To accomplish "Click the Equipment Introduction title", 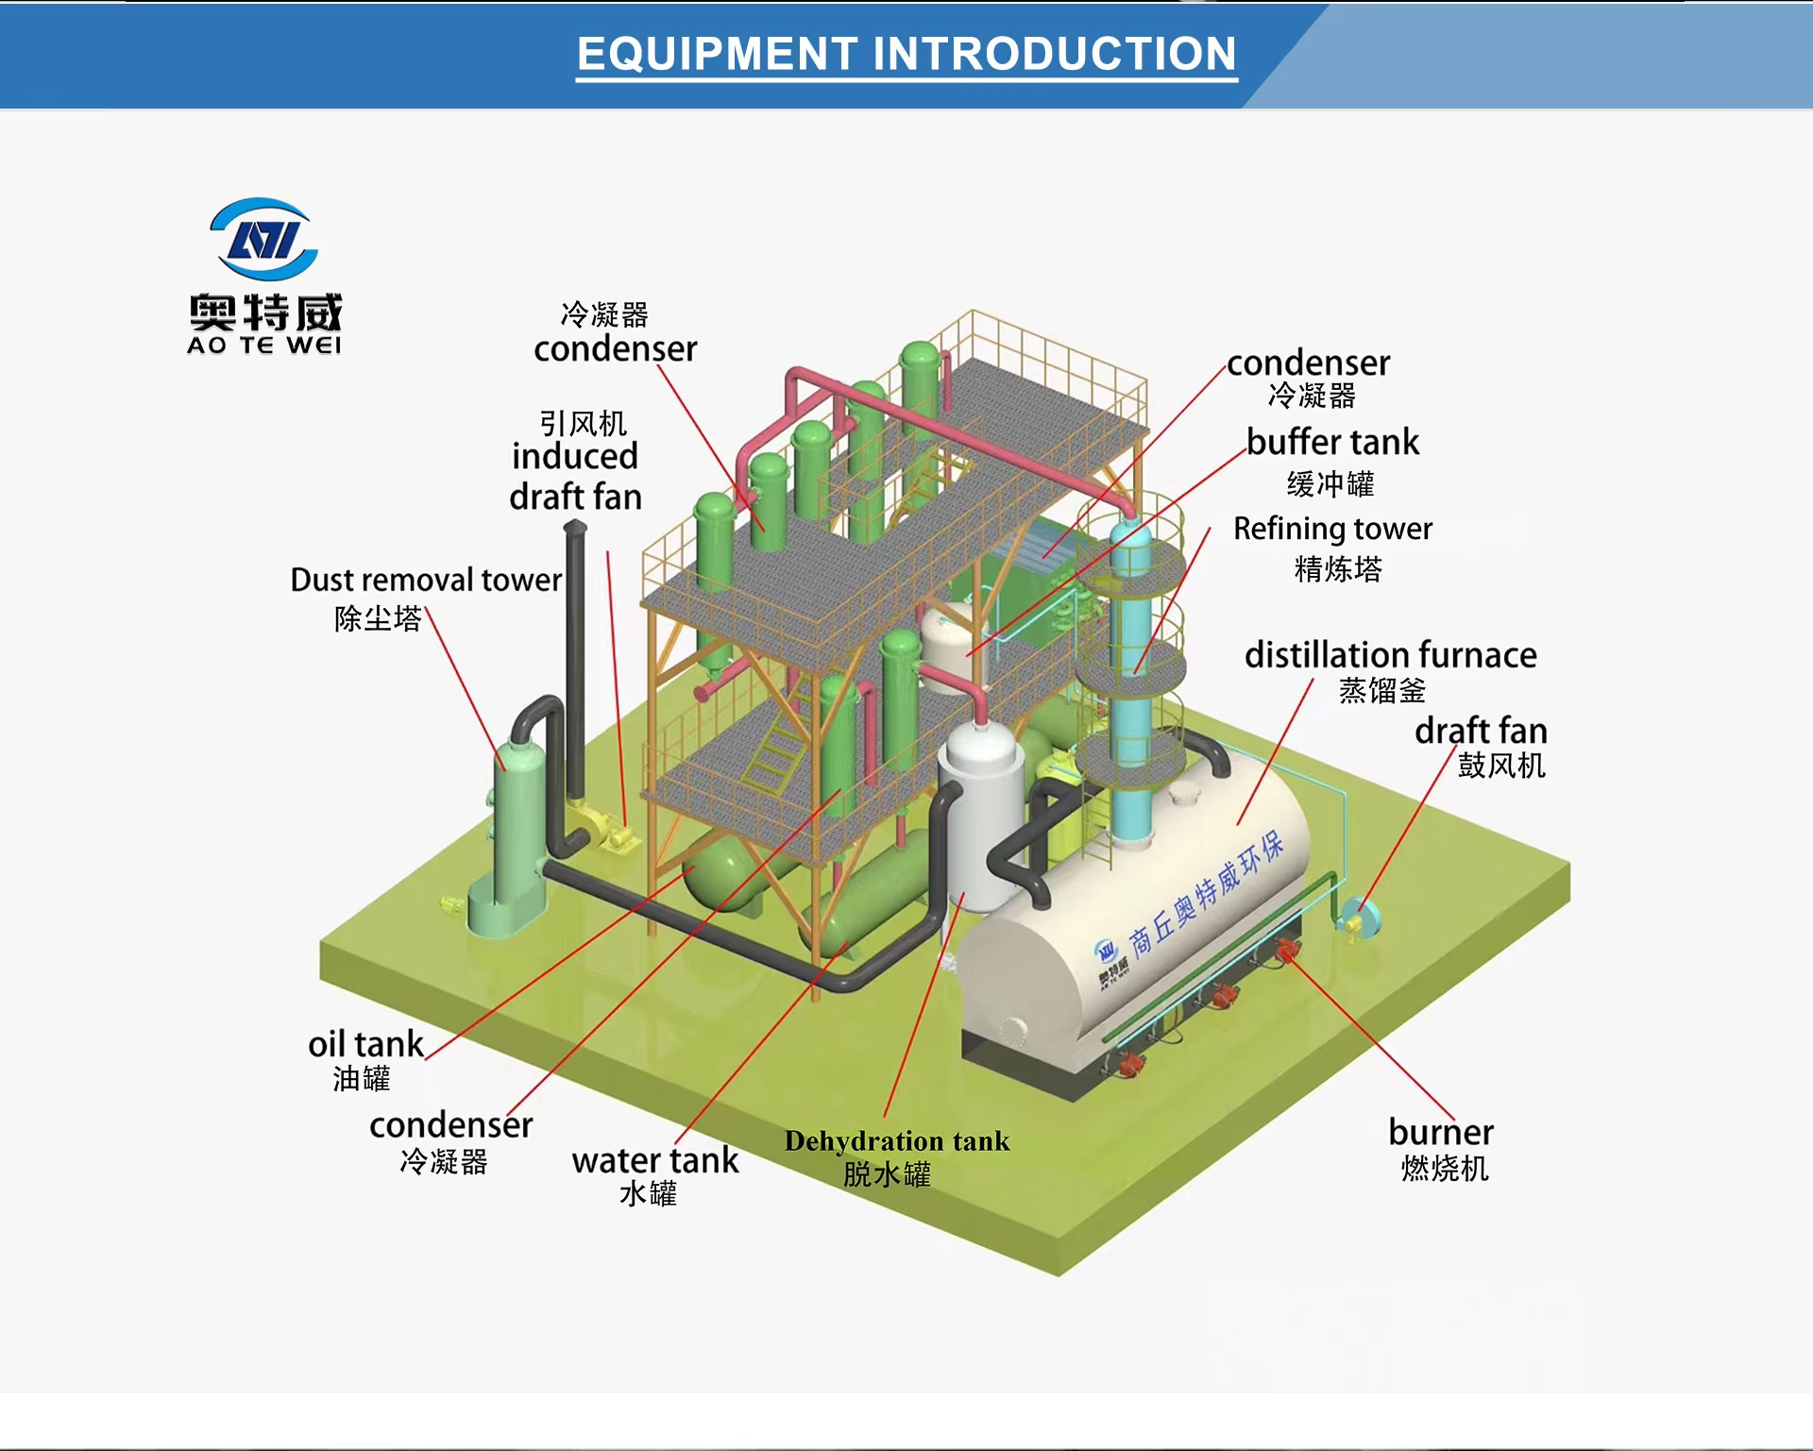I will point(906,54).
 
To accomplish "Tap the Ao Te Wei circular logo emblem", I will point(264,239).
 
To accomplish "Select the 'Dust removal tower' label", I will point(426,580).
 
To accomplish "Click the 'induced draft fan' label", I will point(575,476).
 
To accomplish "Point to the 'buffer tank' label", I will point(1332,442).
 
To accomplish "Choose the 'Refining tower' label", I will point(1332,529).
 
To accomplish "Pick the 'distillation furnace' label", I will point(1390,654).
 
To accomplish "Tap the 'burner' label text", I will point(1441,1132).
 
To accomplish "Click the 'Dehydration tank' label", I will point(897,1141).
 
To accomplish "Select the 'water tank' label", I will point(655,1160).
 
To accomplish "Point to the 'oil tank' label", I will point(366,1044).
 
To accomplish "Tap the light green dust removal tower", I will point(516,831).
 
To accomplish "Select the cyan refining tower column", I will point(1130,680).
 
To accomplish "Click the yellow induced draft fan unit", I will point(604,831).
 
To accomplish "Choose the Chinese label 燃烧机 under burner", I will point(1445,1169).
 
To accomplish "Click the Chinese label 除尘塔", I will point(378,618).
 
